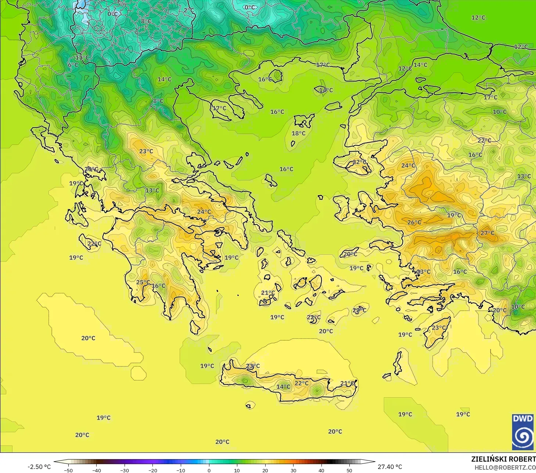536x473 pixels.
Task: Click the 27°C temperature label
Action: [487, 233]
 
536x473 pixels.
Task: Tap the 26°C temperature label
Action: [414, 222]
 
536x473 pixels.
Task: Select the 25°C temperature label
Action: [143, 282]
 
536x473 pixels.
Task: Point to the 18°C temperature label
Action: [298, 133]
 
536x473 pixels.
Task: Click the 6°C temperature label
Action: [73, 65]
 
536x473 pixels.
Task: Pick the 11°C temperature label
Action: [82, 58]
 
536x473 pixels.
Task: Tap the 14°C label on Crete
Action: [283, 387]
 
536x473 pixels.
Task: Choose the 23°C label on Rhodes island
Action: [439, 328]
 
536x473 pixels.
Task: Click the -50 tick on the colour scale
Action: [68, 470]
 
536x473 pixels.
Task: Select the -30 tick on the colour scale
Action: [125, 470]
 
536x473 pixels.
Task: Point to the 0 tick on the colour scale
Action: [209, 470]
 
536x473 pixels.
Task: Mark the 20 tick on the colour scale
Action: [265, 470]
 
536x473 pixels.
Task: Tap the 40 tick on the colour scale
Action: [321, 470]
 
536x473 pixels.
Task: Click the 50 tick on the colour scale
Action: [349, 470]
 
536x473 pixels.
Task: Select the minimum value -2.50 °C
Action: [39, 467]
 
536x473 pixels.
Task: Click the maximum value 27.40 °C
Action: [390, 467]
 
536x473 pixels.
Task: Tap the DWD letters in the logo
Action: [522, 419]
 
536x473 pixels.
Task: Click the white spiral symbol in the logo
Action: [522, 437]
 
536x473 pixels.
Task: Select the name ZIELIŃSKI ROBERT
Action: [503, 459]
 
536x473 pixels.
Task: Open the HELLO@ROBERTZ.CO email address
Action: [505, 467]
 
